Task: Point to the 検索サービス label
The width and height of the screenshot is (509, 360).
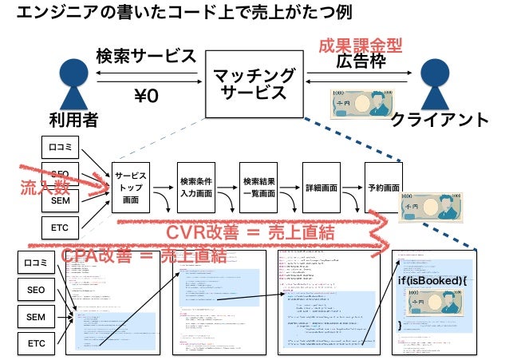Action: click(x=145, y=57)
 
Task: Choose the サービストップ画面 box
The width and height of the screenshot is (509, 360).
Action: click(x=130, y=188)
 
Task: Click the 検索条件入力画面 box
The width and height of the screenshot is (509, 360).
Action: click(x=195, y=188)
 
